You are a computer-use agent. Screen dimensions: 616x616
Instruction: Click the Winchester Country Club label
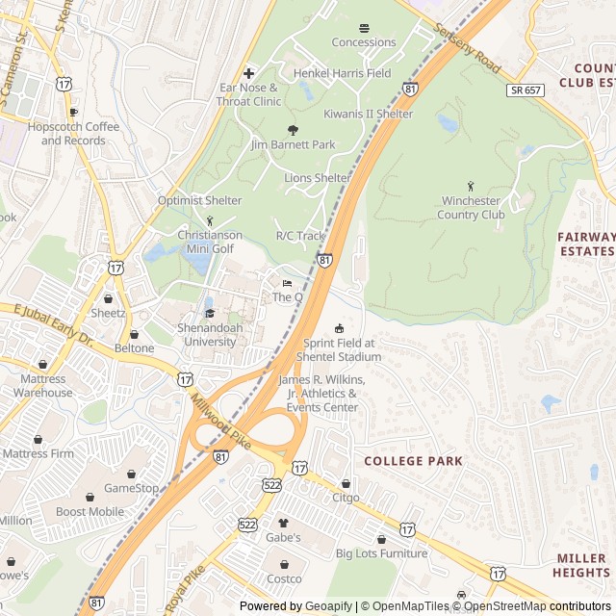(x=473, y=208)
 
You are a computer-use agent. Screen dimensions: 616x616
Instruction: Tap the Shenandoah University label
(x=208, y=335)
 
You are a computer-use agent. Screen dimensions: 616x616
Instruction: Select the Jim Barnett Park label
(x=293, y=144)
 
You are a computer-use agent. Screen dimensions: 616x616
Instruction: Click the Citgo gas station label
(x=346, y=498)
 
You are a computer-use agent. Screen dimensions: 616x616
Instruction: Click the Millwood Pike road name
(x=221, y=419)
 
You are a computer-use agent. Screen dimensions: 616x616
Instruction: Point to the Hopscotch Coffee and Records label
(x=80, y=134)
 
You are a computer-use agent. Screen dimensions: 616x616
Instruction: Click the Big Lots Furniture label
(x=381, y=553)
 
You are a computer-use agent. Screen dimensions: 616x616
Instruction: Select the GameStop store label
(x=131, y=488)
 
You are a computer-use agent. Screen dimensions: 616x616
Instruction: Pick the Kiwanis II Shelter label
(x=368, y=114)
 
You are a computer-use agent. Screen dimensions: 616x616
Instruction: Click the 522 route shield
(x=272, y=486)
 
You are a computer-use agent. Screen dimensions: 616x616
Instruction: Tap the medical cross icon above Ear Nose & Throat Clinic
(x=249, y=73)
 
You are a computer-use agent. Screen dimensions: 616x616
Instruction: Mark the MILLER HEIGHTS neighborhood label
(x=580, y=565)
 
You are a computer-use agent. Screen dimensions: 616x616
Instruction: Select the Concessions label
(x=364, y=42)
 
